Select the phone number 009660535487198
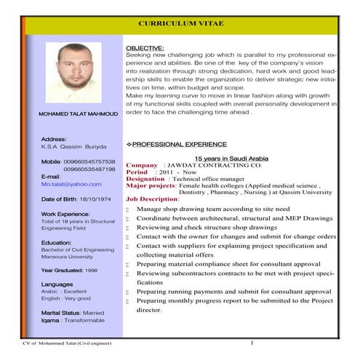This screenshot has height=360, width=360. pos(89,169)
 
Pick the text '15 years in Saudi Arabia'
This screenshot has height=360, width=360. pos(232,157)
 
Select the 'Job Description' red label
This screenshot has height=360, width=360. pos(152,199)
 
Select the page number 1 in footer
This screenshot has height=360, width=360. pos(251,342)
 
